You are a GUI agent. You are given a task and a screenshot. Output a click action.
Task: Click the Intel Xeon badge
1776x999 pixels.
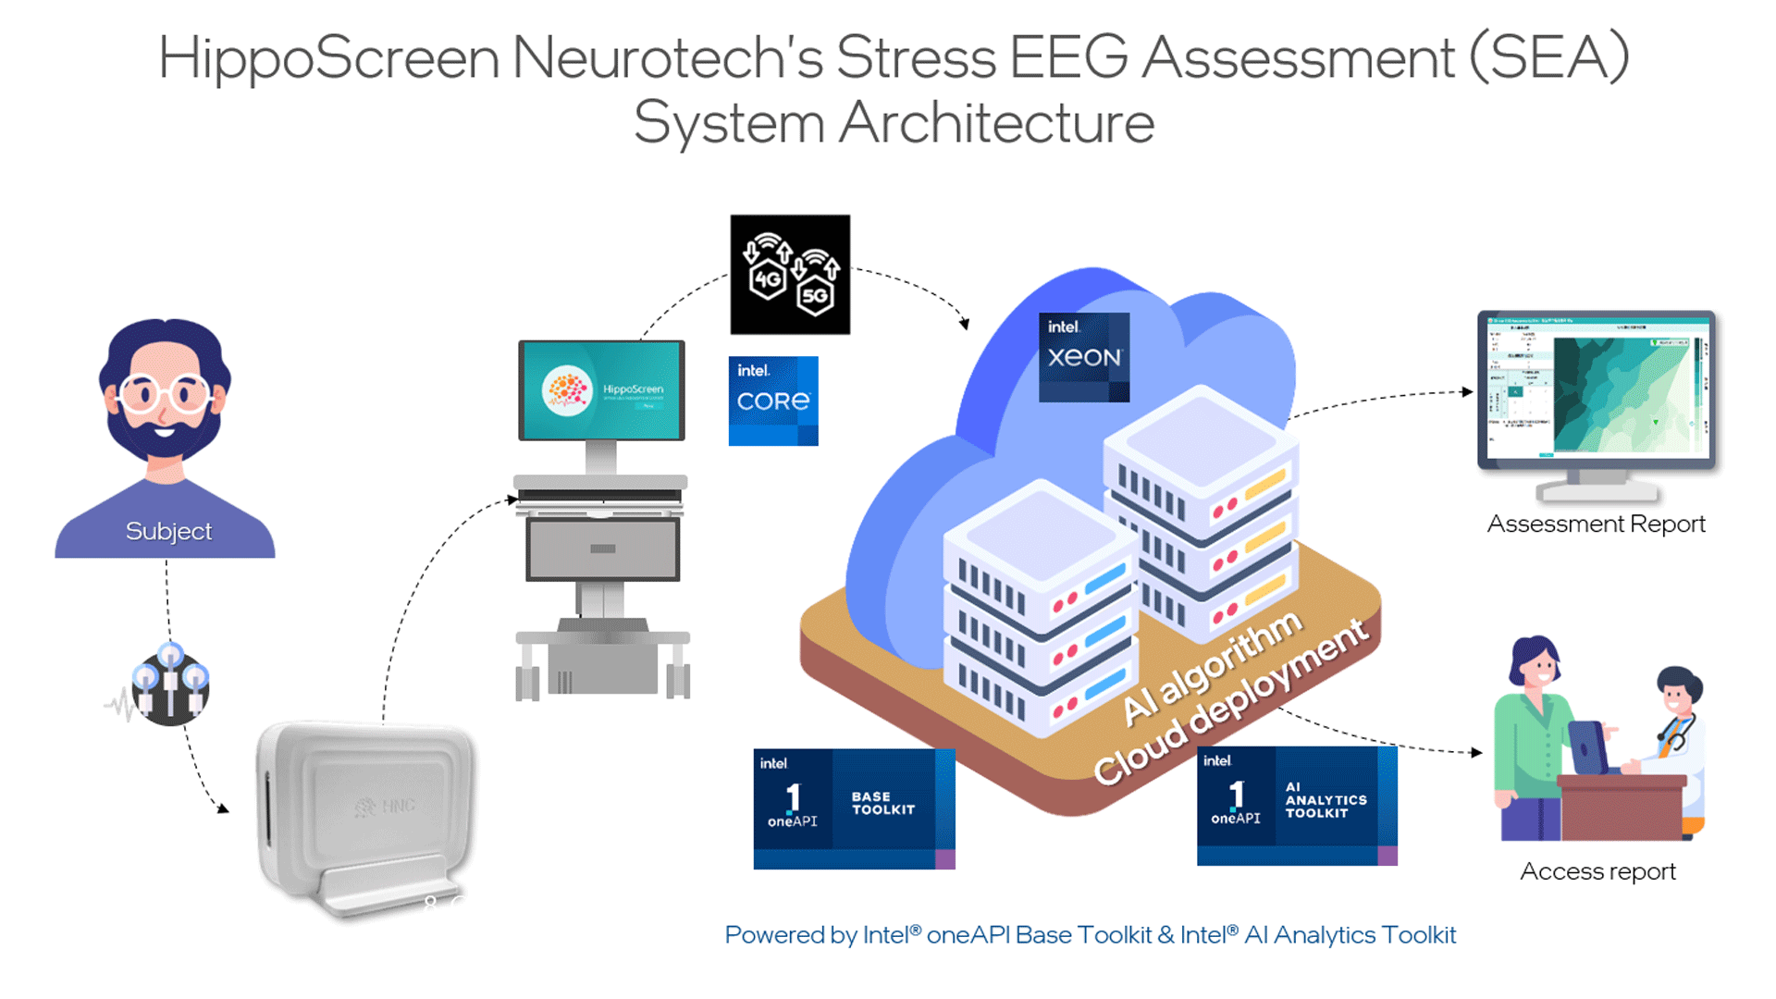point(1084,357)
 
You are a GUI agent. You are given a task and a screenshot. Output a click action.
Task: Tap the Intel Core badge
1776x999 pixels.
point(773,401)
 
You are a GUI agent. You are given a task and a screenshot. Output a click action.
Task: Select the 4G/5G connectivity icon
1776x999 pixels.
point(790,275)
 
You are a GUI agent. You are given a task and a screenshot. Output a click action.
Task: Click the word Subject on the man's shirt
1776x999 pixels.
point(168,531)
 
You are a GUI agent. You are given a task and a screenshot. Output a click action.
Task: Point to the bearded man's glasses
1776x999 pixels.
point(165,394)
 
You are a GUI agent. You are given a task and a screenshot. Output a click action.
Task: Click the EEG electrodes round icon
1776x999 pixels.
point(170,685)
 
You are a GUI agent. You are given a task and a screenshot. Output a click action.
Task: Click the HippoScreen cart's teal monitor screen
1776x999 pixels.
point(601,390)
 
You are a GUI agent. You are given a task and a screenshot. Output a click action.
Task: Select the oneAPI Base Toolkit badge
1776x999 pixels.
point(854,808)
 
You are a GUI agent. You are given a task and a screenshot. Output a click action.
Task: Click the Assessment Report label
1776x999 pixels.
point(1596,524)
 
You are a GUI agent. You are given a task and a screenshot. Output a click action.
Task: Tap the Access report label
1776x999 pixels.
point(1597,871)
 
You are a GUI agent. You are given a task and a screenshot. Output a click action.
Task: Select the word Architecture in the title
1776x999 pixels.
point(996,123)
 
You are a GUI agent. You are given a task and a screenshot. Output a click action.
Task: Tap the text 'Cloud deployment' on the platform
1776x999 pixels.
point(1230,703)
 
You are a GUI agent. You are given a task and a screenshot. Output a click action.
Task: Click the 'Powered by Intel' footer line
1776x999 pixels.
point(1090,935)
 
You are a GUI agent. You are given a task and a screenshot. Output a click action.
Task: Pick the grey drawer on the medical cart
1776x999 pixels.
point(602,549)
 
